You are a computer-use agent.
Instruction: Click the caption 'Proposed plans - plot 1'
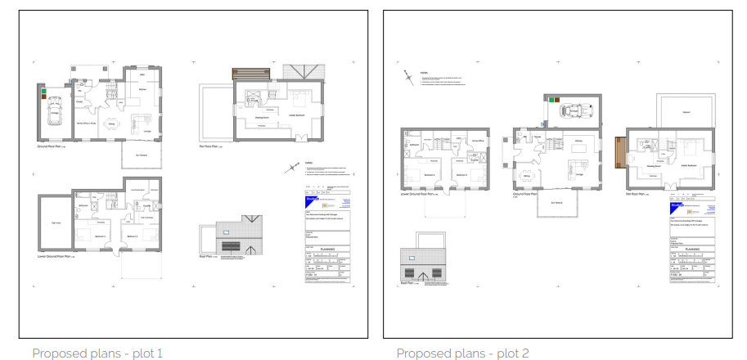pos(97,353)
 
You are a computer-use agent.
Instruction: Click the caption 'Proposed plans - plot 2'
pos(462,353)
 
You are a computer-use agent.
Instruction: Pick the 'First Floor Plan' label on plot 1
pos(214,147)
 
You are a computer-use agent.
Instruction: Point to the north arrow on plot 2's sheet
pos(407,78)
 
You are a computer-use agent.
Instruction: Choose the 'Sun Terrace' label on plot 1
pos(141,155)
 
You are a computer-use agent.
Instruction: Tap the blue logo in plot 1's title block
pos(312,196)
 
